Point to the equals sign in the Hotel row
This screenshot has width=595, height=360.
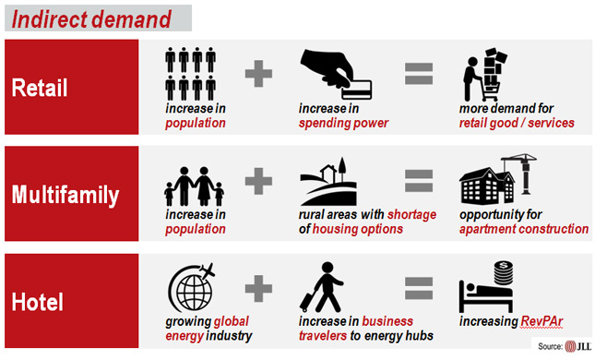point(418,288)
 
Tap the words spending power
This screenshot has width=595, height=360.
point(343,123)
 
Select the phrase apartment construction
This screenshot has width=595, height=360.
point(523,229)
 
